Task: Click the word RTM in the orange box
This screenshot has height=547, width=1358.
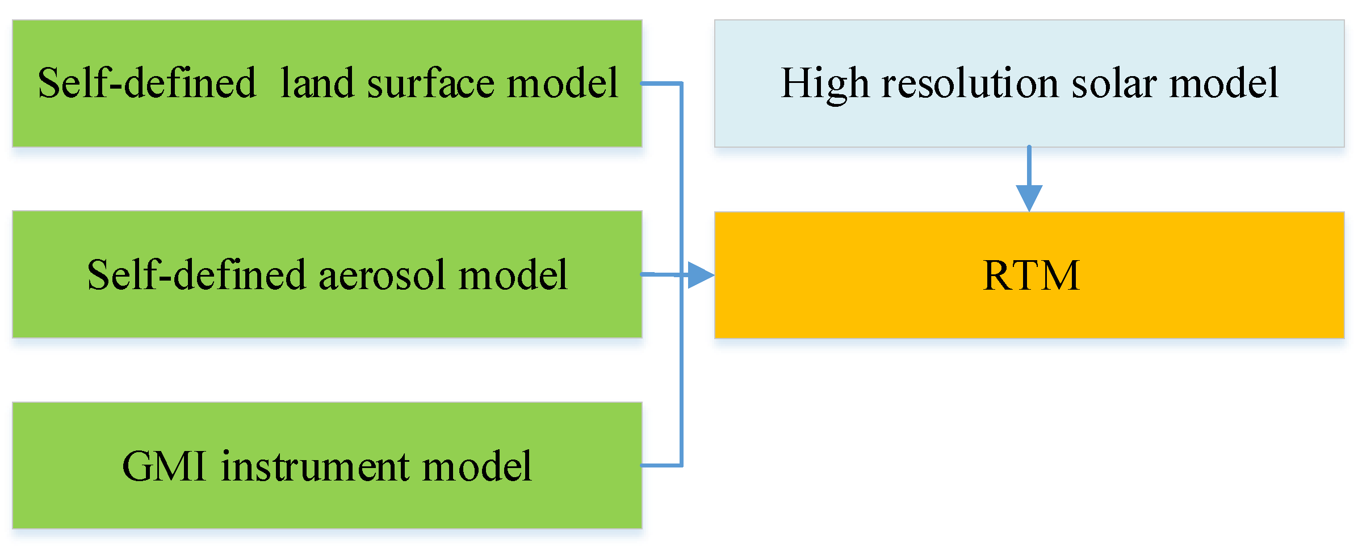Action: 1030,275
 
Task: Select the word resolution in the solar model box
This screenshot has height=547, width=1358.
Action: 970,84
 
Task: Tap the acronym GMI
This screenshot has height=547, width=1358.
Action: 164,466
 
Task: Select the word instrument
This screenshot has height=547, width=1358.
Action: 315,466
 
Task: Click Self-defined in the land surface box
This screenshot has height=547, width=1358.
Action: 146,83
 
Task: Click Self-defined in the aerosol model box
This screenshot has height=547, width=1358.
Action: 196,275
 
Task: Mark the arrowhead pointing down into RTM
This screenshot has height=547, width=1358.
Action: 1029,197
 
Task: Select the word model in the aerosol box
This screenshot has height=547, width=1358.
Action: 512,275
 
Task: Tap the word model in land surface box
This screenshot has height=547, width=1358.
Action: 562,83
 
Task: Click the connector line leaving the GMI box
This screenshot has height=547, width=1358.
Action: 661,465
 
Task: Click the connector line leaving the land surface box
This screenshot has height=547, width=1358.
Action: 661,83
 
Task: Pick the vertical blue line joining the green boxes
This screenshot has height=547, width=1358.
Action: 681,369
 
